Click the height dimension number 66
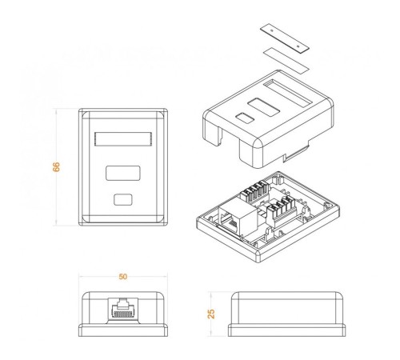coord(56,166)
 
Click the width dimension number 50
coord(122,277)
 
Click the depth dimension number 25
coord(211,314)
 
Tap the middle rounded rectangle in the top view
coord(122,172)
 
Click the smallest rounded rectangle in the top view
coord(122,199)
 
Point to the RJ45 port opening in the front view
coord(122,308)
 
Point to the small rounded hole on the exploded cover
coord(244,118)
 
